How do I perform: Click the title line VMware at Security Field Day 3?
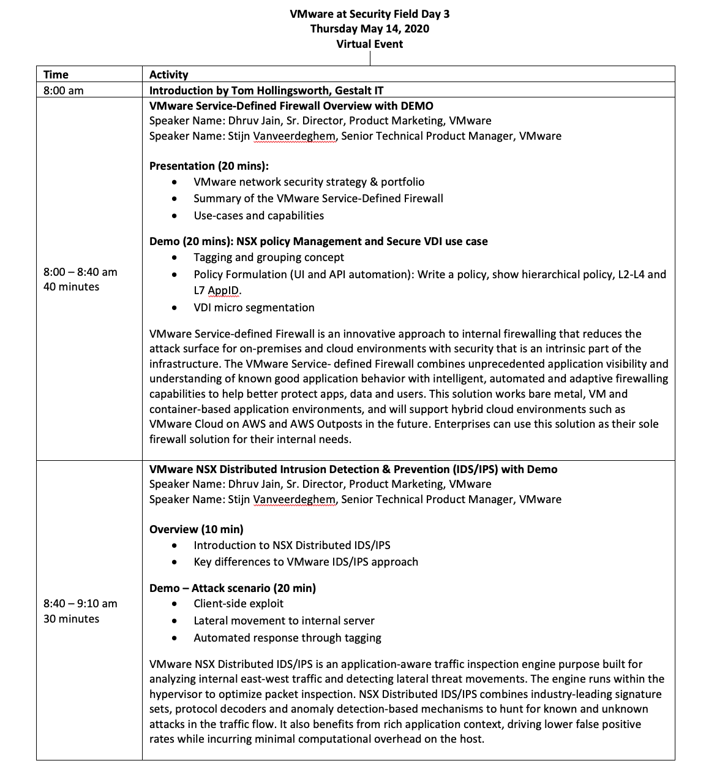tap(369, 13)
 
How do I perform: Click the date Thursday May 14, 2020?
tap(369, 29)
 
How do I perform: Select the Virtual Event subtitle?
tap(369, 44)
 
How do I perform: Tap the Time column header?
tap(56, 75)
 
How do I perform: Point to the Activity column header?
tap(168, 75)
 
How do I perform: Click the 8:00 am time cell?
tap(63, 91)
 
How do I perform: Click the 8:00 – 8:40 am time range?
tap(80, 272)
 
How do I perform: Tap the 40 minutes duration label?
tap(71, 287)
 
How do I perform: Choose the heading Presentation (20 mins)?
tap(209, 166)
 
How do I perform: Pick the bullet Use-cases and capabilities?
tap(258, 216)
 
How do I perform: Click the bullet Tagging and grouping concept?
tap(268, 257)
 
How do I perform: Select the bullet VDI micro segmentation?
tap(253, 308)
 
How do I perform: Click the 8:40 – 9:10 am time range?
tap(80, 604)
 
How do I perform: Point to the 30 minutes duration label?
tap(71, 619)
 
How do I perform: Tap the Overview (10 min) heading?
tap(196, 529)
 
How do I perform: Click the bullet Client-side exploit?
tap(238, 604)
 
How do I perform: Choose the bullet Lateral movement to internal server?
tap(284, 621)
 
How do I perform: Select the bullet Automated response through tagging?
tap(287, 638)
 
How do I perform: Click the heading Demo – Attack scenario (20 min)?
tap(233, 588)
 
